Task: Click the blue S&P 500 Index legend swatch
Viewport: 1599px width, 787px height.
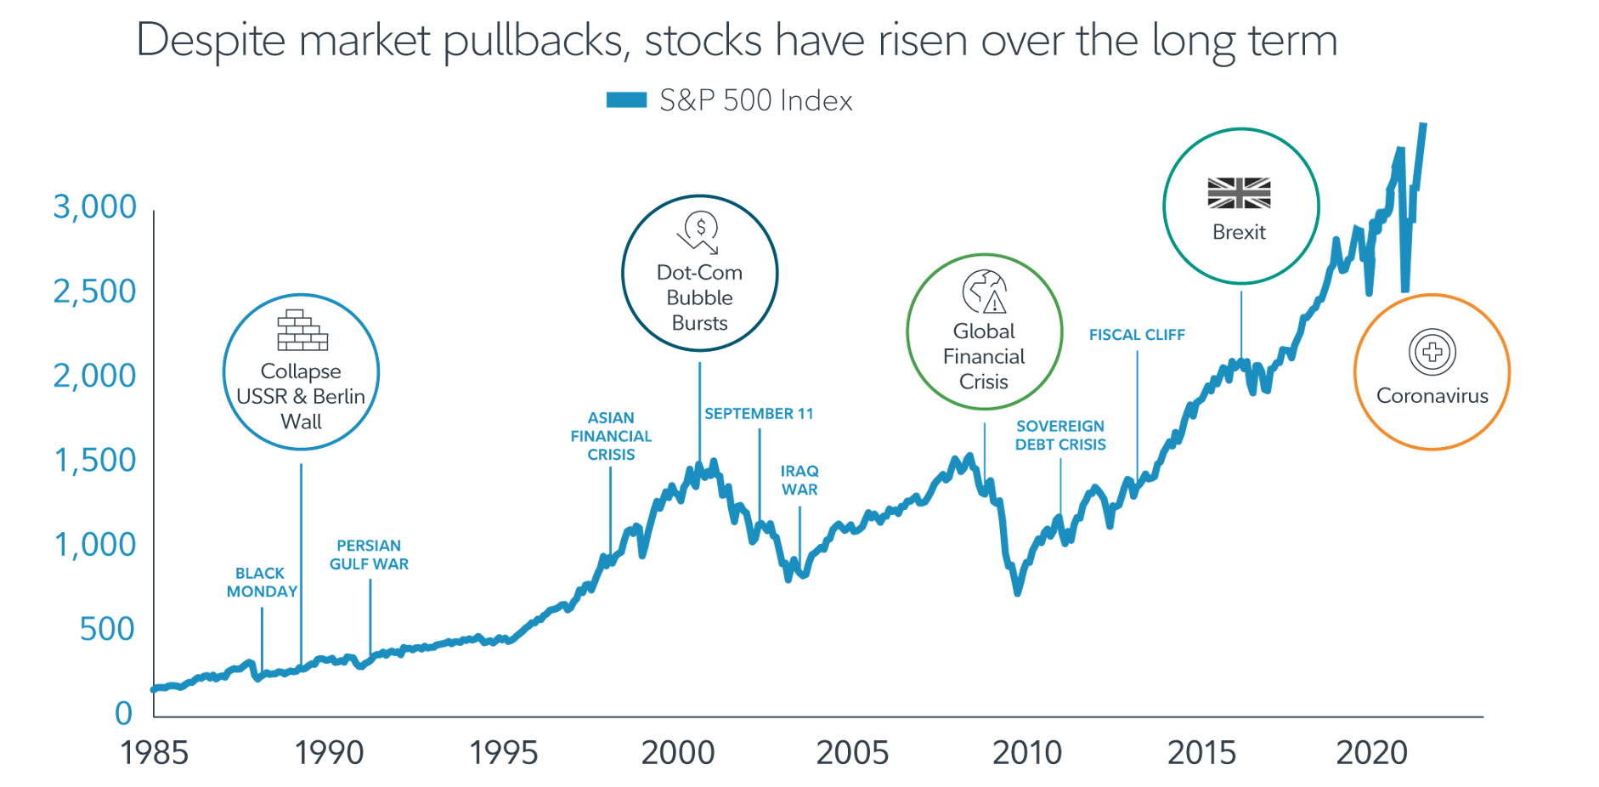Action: (x=626, y=100)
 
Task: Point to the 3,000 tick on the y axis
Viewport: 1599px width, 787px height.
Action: (x=95, y=207)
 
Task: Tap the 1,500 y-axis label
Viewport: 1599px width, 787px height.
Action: (x=95, y=460)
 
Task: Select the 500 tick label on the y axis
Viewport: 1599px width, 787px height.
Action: (x=107, y=629)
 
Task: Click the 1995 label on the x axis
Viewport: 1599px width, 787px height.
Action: (x=504, y=752)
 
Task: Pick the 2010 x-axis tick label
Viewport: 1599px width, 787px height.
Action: (x=1027, y=752)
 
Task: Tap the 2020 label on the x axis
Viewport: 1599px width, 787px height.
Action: (x=1372, y=752)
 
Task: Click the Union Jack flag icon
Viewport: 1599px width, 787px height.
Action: (x=1240, y=193)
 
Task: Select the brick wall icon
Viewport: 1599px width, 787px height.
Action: (x=302, y=331)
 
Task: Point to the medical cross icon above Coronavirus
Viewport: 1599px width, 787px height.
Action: (x=1432, y=352)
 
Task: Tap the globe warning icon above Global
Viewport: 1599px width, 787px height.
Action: (x=985, y=292)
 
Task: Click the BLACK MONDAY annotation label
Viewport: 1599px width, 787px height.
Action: (x=262, y=582)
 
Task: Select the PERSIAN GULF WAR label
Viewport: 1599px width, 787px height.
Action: (x=369, y=555)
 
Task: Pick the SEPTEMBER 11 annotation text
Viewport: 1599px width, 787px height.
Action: (x=759, y=414)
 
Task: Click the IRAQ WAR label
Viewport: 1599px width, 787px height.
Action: (x=799, y=480)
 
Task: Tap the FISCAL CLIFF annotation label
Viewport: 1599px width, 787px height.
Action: (x=1137, y=335)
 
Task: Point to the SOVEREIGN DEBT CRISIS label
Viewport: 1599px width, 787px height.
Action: (x=1060, y=435)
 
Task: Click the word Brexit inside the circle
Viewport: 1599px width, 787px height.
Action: (x=1239, y=232)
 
